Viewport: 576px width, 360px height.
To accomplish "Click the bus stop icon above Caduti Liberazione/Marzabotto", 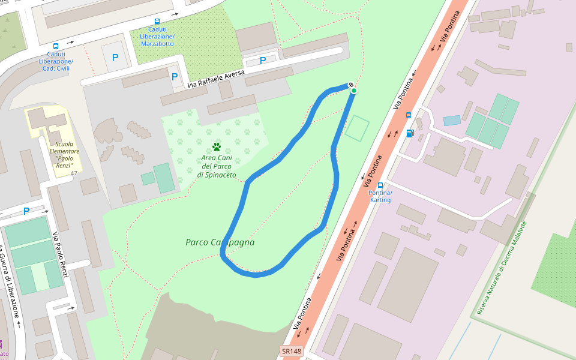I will pyautogui.click(x=157, y=21).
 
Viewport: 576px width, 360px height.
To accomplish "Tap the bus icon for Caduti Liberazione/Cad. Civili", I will pyautogui.click(x=56, y=46).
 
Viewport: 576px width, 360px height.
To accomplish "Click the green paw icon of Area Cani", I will pyautogui.click(x=217, y=146).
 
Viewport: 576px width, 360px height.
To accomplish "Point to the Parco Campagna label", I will pyautogui.click(x=220, y=242).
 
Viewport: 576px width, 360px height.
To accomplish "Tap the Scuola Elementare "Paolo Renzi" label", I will pyautogui.click(x=64, y=154).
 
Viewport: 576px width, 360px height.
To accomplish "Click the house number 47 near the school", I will pyautogui.click(x=74, y=173).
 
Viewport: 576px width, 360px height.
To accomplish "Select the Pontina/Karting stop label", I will pyautogui.click(x=380, y=196).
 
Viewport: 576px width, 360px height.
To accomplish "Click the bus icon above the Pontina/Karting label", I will pyautogui.click(x=380, y=185).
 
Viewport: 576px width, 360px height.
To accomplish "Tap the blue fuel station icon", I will pyautogui.click(x=410, y=133).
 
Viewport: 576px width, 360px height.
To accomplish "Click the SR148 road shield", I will pyautogui.click(x=291, y=351).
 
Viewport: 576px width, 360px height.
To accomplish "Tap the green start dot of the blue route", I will pyautogui.click(x=354, y=91).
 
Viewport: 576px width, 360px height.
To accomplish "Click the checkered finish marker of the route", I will pyautogui.click(x=351, y=85).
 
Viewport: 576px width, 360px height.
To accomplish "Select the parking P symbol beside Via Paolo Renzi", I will pyautogui.click(x=26, y=211).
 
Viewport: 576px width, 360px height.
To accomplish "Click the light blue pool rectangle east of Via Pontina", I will pyautogui.click(x=452, y=120).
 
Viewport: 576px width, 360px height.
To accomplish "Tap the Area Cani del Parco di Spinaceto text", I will pyautogui.click(x=217, y=166).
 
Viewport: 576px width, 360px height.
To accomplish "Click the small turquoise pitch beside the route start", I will pyautogui.click(x=357, y=128).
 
